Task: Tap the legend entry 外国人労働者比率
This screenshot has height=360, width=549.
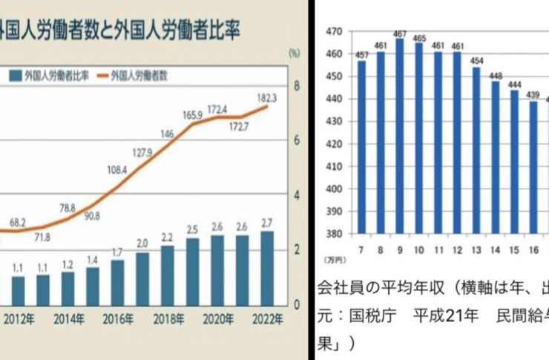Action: [x=47, y=76]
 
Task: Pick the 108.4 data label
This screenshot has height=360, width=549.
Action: [x=117, y=170]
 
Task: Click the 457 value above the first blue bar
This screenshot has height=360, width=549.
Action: [x=361, y=54]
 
